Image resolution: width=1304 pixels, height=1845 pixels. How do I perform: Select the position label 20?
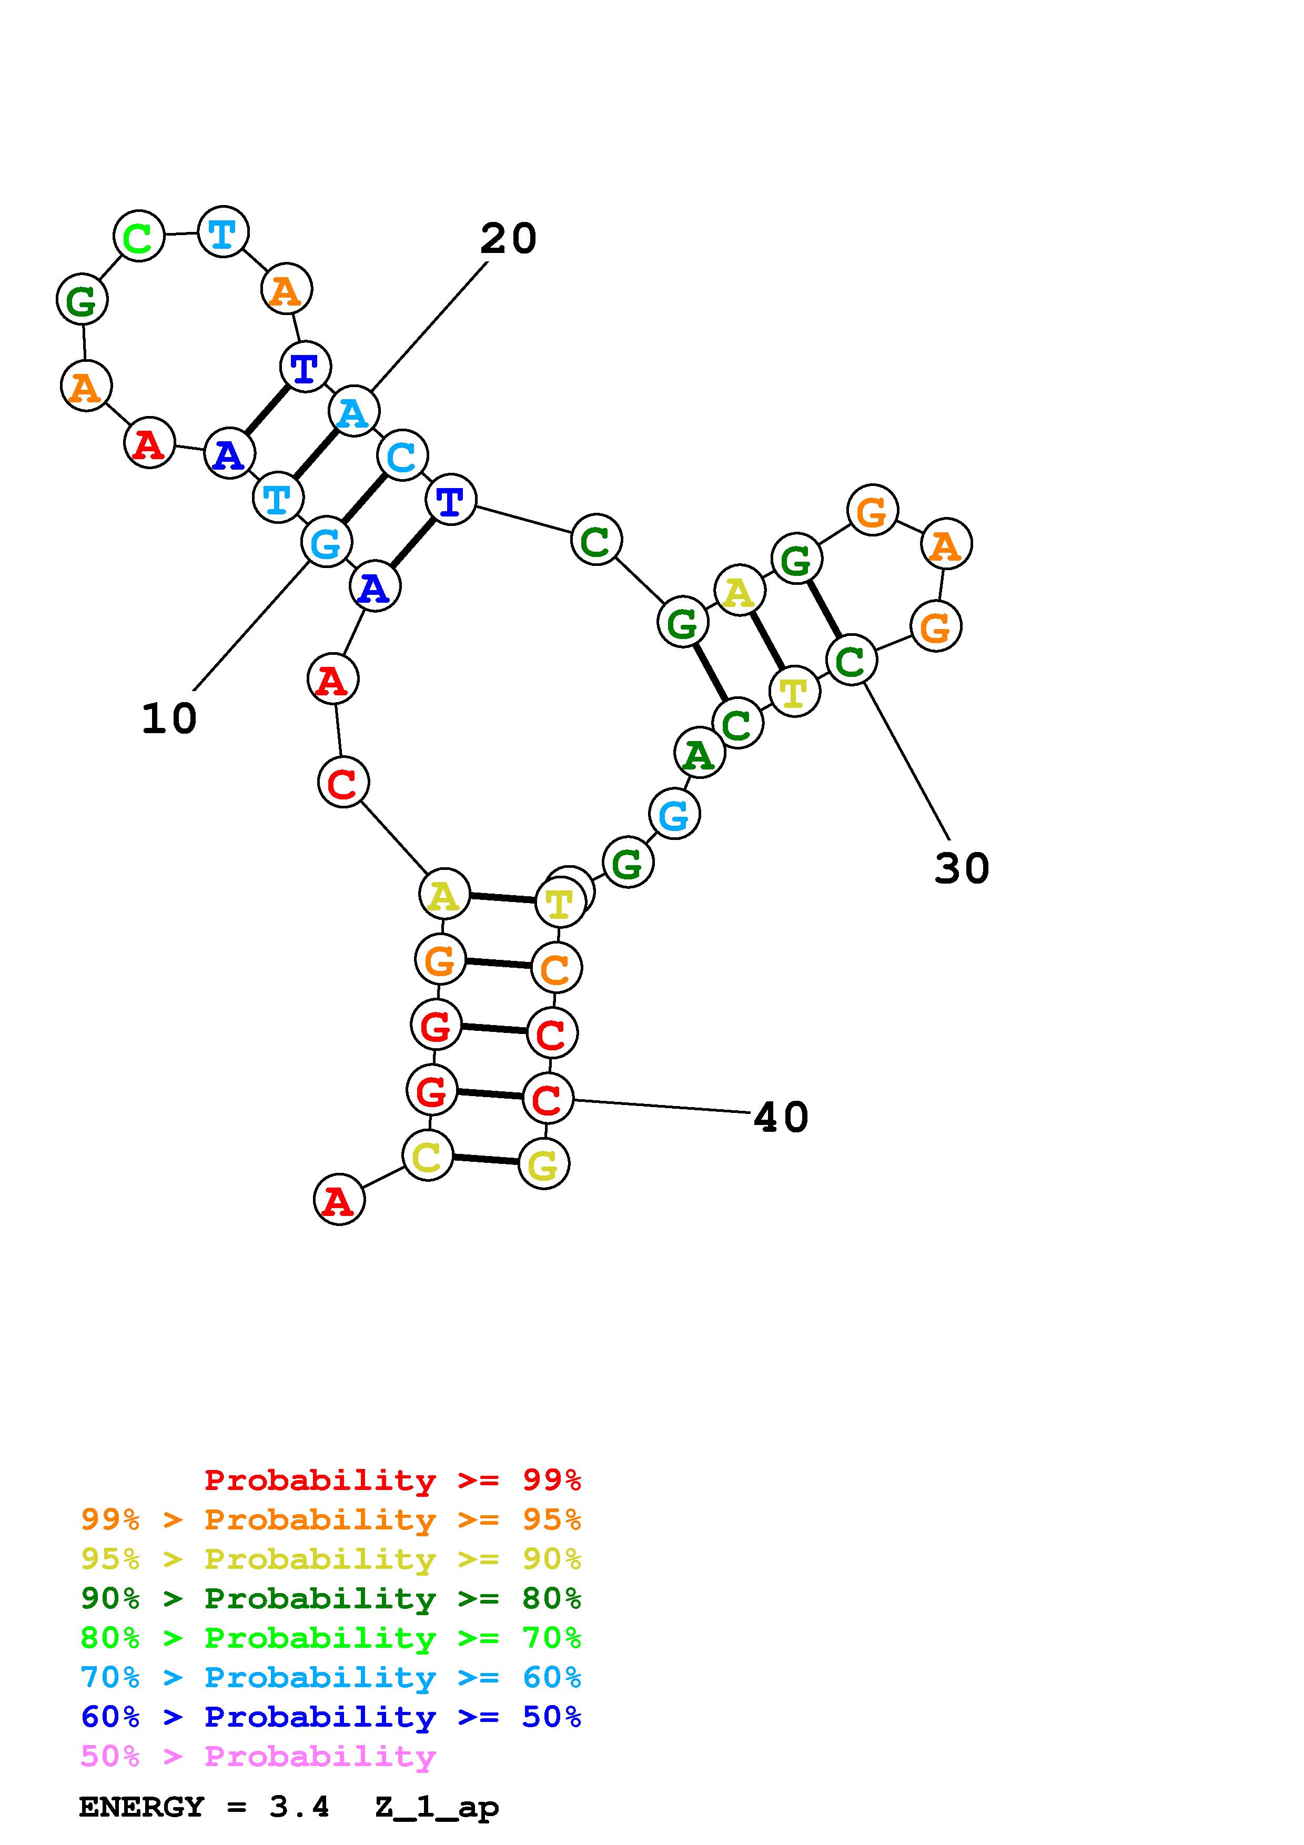(x=508, y=239)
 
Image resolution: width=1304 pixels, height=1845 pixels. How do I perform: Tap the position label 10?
(x=169, y=718)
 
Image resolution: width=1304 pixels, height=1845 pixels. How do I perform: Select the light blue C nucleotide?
(x=402, y=455)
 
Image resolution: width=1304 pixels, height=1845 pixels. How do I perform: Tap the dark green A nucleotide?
(x=699, y=754)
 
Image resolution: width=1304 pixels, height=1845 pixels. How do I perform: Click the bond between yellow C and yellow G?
(x=486, y=1160)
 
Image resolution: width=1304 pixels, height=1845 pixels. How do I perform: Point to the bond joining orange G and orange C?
(x=497, y=964)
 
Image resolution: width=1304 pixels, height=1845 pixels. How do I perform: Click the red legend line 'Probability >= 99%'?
(x=392, y=1480)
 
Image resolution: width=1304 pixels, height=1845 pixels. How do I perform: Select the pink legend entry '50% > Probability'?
(x=258, y=1756)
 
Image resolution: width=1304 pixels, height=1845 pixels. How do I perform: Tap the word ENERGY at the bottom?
(x=141, y=1807)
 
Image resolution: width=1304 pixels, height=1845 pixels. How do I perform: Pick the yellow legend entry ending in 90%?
(x=330, y=1559)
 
